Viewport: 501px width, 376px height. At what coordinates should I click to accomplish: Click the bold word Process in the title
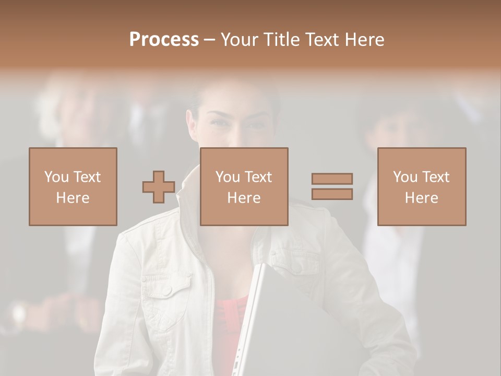click(164, 40)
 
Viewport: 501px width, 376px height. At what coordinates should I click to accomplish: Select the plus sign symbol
click(159, 186)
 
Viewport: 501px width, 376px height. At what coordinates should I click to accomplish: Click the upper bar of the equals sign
click(332, 179)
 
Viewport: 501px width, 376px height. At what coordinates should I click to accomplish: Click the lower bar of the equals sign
click(332, 194)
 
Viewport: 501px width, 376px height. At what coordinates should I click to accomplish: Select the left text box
click(73, 186)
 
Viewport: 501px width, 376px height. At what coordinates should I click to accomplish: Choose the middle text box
click(244, 186)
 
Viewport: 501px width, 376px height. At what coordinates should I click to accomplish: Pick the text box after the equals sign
click(422, 186)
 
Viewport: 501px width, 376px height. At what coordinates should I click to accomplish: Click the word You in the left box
click(56, 177)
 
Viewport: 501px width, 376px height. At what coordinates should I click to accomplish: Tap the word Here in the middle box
click(244, 198)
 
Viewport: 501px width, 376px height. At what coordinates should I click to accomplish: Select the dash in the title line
click(209, 40)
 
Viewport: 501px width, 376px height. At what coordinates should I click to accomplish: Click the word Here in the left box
click(73, 198)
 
